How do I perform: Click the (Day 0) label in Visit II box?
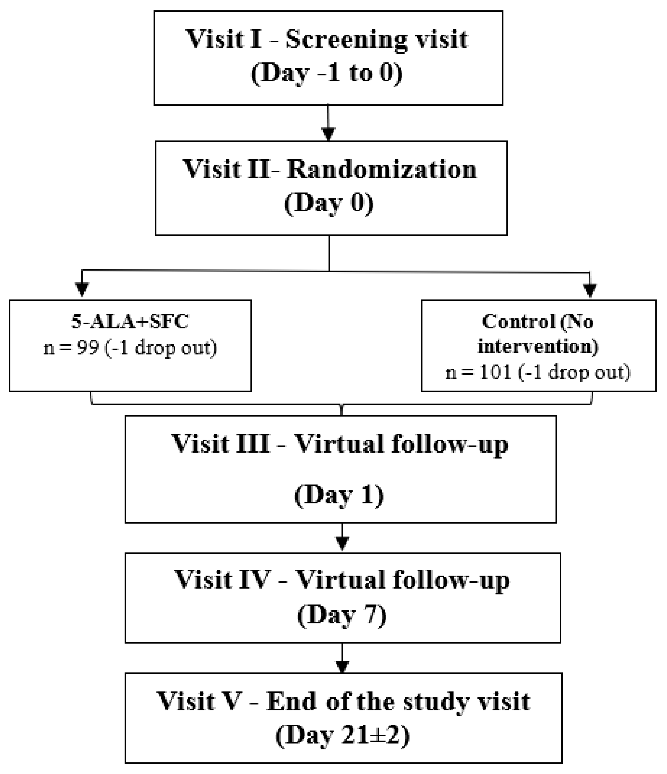pos(329,204)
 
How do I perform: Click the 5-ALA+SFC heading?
pos(130,322)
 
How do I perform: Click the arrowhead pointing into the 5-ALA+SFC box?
pos(82,289)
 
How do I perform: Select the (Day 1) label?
pos(339,495)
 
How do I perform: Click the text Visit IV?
pos(222,580)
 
